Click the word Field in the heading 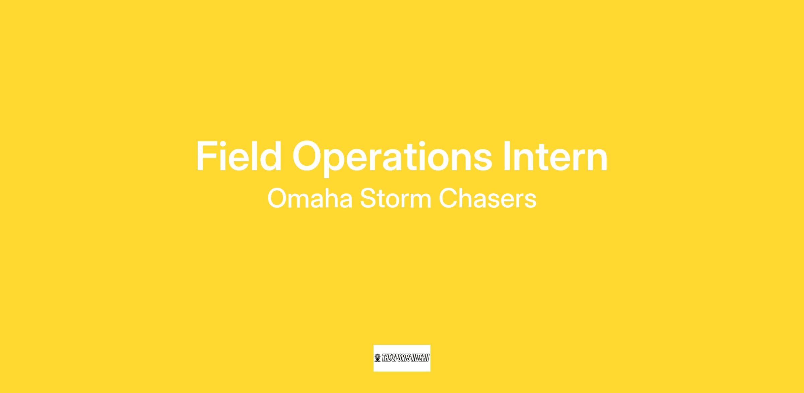click(239, 156)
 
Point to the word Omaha click(310, 199)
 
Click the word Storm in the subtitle click(396, 199)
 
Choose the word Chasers click(488, 199)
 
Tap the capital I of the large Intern click(507, 156)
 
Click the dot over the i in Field click(223, 144)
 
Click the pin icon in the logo click(378, 358)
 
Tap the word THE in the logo click(387, 358)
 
